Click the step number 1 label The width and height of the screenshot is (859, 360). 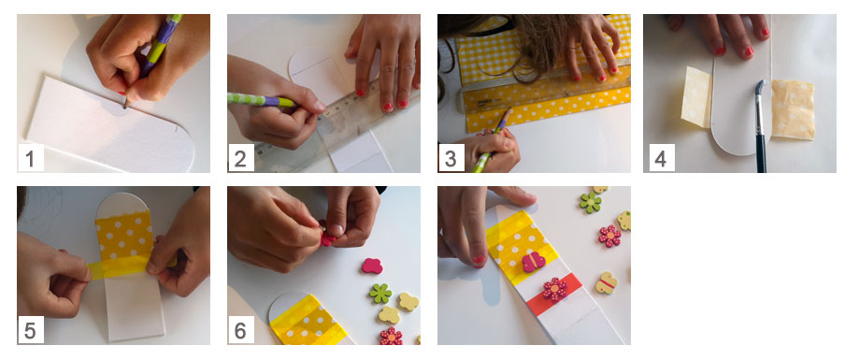click(30, 158)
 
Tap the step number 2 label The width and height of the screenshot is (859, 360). click(240, 158)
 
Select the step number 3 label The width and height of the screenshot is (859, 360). click(451, 158)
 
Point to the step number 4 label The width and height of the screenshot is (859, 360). click(661, 158)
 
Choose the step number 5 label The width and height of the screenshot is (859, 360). click(30, 330)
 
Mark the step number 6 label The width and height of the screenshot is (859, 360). click(240, 330)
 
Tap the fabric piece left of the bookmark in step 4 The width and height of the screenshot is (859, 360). click(697, 97)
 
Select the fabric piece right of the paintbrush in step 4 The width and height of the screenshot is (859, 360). click(793, 108)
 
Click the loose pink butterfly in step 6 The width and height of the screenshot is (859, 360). click(372, 266)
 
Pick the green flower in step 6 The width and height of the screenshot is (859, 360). click(380, 294)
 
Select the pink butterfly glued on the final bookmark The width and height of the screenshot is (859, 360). click(533, 262)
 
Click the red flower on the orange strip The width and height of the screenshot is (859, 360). click(555, 289)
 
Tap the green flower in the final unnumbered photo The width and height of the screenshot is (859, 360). click(591, 202)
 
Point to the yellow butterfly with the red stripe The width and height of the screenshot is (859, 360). click(606, 282)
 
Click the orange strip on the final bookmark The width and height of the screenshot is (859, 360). click(553, 295)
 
